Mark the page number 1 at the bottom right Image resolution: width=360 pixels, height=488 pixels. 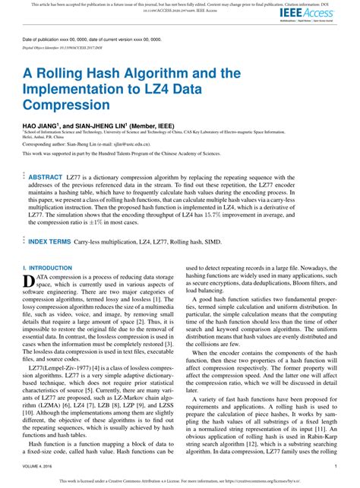(335, 466)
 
